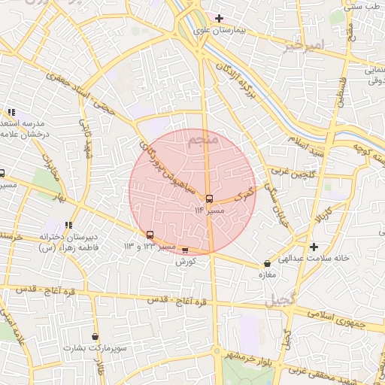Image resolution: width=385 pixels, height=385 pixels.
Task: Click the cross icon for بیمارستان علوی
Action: point(219,18)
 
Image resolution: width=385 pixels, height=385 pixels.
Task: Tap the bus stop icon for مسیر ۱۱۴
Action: point(209,199)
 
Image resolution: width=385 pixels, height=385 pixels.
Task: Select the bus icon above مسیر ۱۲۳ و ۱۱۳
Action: point(150,235)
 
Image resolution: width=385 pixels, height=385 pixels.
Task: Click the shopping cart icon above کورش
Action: point(186,250)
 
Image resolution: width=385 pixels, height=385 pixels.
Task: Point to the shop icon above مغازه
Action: point(268,264)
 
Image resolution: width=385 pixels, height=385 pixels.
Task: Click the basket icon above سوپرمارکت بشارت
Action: point(95,336)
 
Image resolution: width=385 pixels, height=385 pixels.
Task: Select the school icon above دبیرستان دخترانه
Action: point(68,224)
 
